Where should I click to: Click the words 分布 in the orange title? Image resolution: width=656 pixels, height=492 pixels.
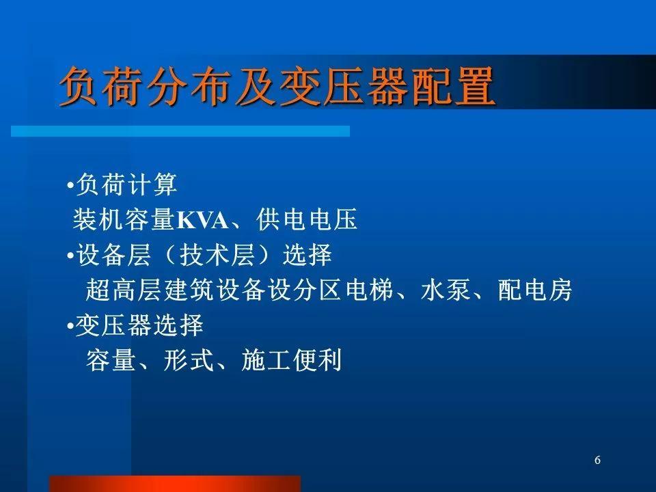click(189, 87)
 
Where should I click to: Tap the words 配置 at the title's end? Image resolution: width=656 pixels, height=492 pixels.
click(453, 87)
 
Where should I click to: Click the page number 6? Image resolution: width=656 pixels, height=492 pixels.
click(597, 460)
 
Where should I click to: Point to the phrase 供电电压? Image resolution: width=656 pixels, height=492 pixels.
click(307, 219)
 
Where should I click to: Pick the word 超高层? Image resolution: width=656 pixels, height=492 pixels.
click(124, 290)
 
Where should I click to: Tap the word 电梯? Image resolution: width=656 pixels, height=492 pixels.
click(370, 290)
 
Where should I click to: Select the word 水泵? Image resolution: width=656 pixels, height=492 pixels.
click(446, 290)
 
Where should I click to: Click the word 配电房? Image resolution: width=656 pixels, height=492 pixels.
click(535, 290)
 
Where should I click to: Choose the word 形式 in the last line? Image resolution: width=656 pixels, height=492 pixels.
click(189, 360)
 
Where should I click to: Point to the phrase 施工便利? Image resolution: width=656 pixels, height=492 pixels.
click(292, 360)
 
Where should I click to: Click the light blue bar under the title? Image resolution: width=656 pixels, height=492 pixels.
click(180, 131)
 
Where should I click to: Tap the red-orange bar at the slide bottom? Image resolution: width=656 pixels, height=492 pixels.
click(175, 484)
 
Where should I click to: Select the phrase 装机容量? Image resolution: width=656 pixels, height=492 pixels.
click(124, 219)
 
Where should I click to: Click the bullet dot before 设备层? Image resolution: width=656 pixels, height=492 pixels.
click(70, 255)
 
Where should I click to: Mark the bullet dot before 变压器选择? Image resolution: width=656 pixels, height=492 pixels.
click(70, 325)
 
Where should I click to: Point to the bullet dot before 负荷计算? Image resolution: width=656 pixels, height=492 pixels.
click(70, 184)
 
